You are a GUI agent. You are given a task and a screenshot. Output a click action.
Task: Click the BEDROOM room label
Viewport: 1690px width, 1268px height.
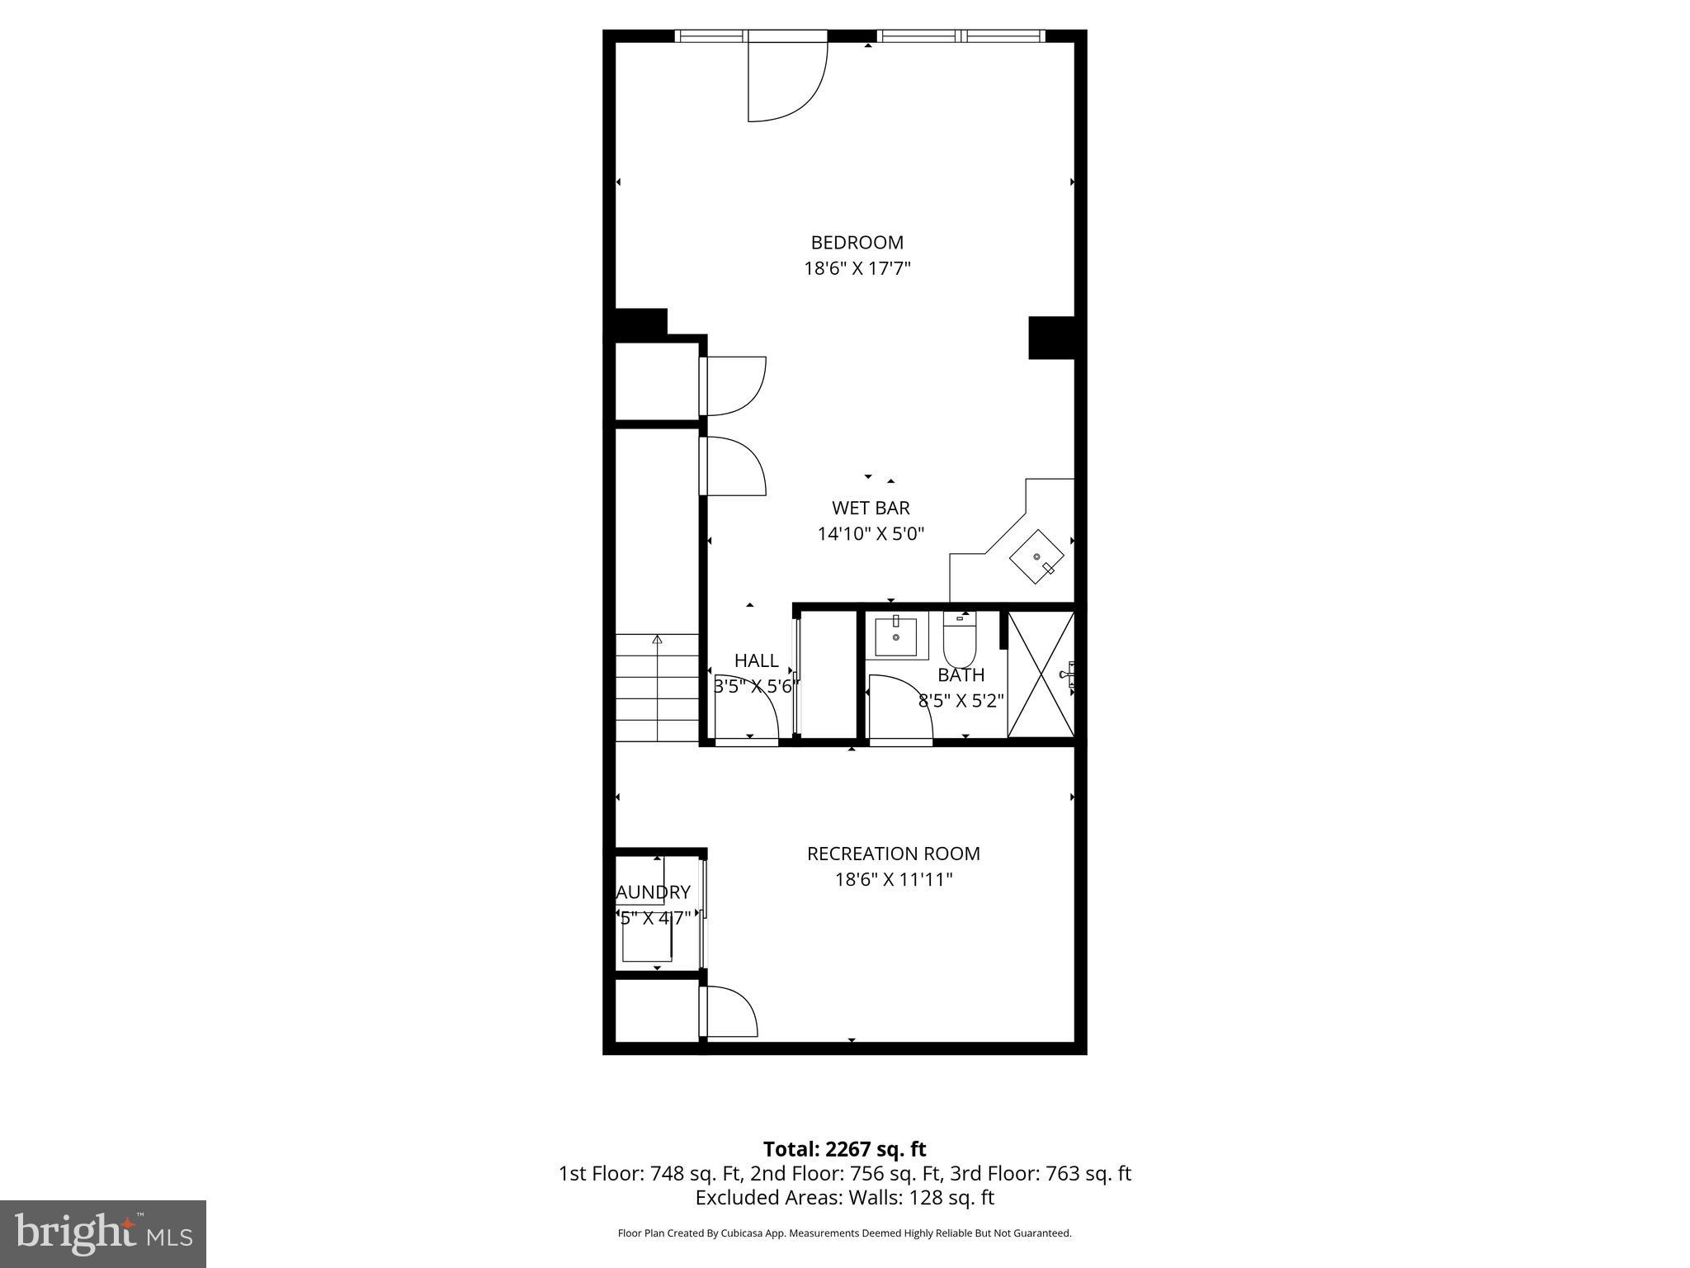(857, 243)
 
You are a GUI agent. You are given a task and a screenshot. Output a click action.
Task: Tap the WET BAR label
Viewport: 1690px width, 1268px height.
(870, 508)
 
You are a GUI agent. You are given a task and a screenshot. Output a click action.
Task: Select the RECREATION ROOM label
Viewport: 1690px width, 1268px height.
(893, 854)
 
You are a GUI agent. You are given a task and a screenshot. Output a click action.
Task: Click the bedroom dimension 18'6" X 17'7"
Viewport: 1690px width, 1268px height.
(857, 268)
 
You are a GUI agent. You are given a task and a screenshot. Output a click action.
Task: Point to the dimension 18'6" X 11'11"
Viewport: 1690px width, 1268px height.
(893, 880)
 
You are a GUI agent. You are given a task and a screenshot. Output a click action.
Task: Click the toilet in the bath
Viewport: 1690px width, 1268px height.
(960, 642)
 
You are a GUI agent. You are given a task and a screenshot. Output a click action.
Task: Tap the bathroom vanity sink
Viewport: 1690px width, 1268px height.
(895, 636)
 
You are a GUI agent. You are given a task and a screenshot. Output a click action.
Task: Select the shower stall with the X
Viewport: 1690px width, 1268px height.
(1040, 674)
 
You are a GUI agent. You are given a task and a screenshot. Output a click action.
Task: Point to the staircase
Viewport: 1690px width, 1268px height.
(657, 688)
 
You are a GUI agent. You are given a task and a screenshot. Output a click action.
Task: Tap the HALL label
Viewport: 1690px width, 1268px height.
(756, 660)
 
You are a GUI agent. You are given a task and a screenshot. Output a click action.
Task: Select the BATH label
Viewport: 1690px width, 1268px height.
(961, 675)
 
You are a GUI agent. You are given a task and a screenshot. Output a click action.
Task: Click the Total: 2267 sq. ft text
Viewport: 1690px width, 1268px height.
(844, 1149)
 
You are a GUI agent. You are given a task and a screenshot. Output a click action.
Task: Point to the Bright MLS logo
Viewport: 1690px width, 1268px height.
(103, 1233)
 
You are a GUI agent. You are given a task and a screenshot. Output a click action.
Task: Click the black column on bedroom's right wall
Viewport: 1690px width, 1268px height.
(1050, 338)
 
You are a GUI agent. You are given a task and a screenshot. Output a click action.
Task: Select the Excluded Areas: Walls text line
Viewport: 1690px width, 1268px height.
(844, 1198)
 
